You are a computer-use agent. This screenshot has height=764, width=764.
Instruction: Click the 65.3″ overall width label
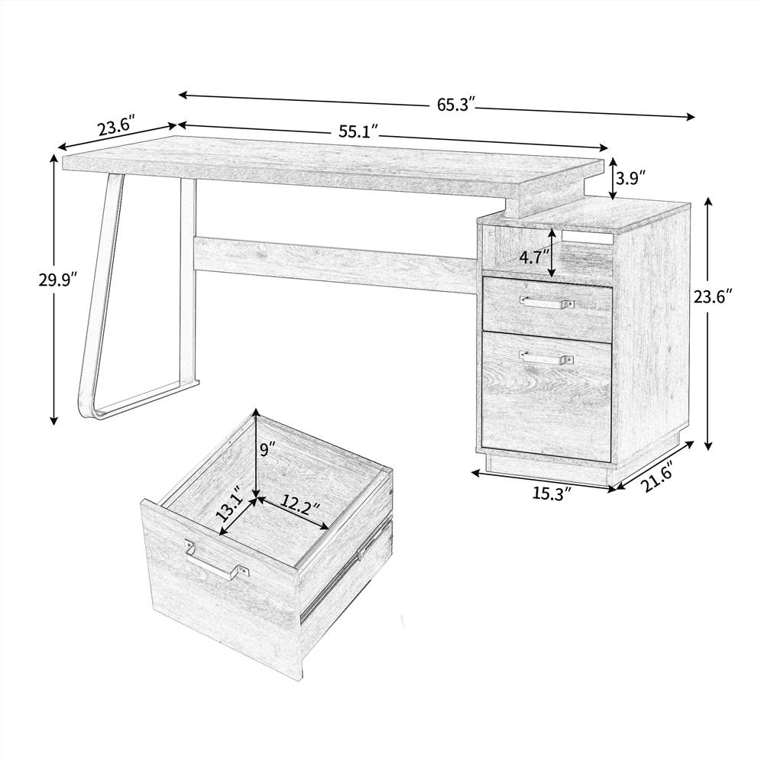(456, 105)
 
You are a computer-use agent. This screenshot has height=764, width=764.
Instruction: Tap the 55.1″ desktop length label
(359, 131)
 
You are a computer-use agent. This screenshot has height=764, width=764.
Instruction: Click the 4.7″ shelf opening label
(534, 257)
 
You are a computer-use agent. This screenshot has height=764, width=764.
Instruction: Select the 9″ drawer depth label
(266, 450)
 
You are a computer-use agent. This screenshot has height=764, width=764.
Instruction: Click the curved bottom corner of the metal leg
(88, 409)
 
